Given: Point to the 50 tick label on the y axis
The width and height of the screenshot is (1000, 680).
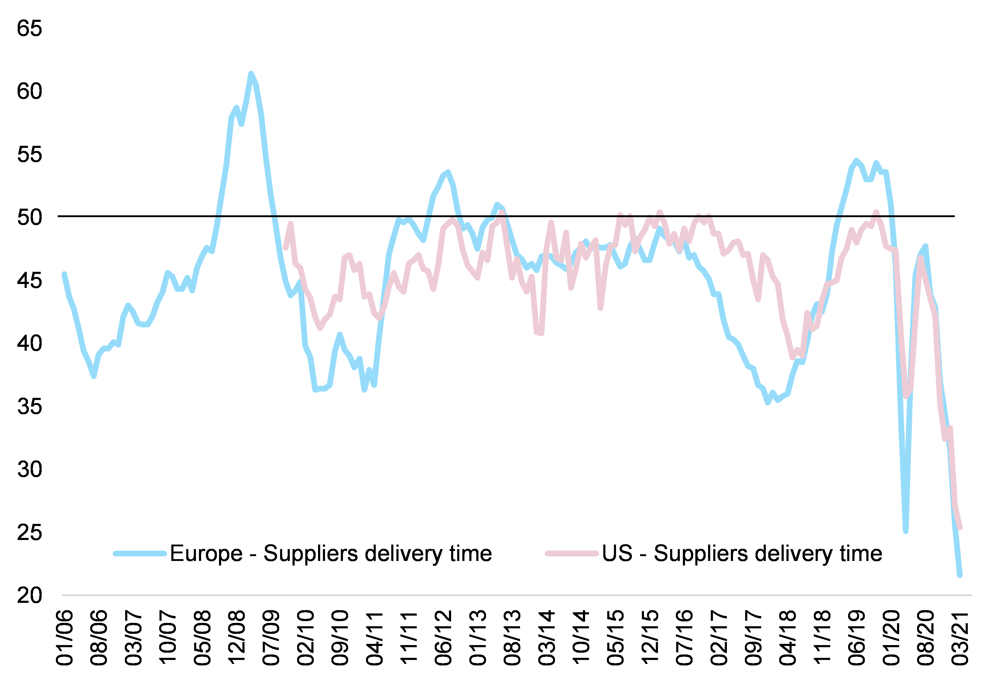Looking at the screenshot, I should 29,217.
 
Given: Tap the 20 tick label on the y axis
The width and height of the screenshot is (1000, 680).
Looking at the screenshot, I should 29,596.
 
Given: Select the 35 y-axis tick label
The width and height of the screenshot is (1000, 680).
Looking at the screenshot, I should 29,406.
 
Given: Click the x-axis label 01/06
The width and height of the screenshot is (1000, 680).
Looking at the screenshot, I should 64,637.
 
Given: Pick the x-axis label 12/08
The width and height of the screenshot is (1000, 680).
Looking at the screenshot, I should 237,637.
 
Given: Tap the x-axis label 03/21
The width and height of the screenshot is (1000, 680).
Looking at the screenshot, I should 960,637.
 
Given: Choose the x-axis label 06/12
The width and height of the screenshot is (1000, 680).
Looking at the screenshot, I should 443,637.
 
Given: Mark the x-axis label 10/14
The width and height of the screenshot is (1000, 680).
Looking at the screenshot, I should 581,637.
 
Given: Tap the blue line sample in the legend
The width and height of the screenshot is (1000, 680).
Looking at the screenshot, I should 140,554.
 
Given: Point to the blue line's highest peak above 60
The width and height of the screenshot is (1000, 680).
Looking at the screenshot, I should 251,74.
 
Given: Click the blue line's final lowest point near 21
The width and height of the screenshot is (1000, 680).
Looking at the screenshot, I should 960,575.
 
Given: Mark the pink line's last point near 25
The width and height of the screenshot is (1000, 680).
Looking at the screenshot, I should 960,527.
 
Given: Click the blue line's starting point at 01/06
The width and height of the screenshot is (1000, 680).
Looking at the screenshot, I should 64,275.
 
